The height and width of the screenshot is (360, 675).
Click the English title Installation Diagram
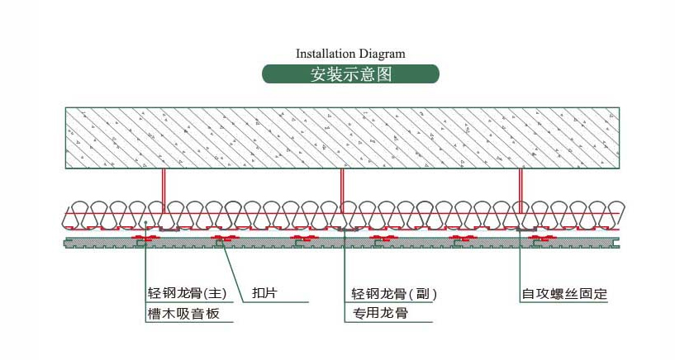[x=350, y=54]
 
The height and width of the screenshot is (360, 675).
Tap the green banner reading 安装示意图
[x=350, y=73]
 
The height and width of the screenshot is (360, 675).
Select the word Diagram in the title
[x=382, y=54]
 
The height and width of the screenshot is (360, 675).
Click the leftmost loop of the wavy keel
[x=77, y=213]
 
